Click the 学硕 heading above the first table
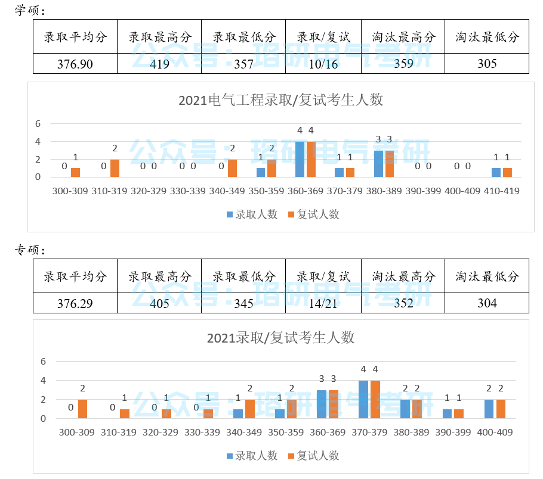tap(30, 11)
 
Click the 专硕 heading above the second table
tap(30, 248)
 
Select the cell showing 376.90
tap(75, 64)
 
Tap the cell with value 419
tap(159, 64)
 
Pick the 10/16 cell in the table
tap(323, 64)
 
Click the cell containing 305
tap(487, 64)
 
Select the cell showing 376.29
tap(75, 303)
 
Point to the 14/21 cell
tap(323, 303)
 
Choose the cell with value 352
tap(403, 303)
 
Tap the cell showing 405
tap(159, 303)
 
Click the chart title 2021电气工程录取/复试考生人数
tap(280, 100)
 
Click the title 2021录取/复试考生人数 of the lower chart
tap(280, 338)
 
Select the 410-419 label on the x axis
tap(501, 191)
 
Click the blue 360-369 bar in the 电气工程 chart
tap(300, 160)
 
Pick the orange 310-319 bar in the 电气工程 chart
tap(115, 169)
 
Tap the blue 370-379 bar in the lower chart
tap(363, 400)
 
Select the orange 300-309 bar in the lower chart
tap(82, 409)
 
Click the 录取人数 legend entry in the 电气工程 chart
tap(252, 214)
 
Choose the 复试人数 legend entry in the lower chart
tap(313, 456)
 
